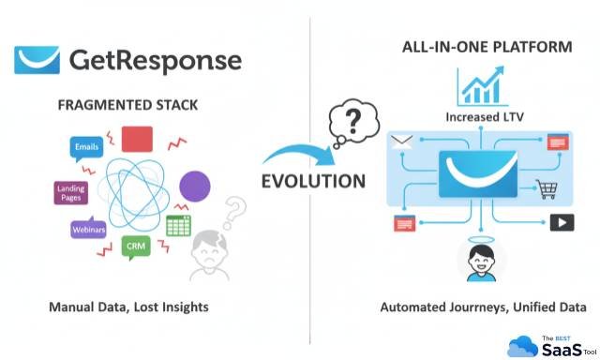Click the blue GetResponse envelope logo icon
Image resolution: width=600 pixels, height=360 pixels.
pyautogui.click(x=37, y=60)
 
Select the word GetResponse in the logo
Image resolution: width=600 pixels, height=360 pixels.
pyautogui.click(x=154, y=61)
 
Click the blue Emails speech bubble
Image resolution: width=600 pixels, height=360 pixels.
pyautogui.click(x=86, y=146)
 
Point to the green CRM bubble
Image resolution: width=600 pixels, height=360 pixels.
pyautogui.click(x=135, y=247)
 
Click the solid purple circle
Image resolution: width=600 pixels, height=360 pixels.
pyautogui.click(x=193, y=186)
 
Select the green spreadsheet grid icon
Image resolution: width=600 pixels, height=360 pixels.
pyautogui.click(x=178, y=225)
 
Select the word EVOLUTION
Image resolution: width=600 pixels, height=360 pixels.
pyautogui.click(x=301, y=181)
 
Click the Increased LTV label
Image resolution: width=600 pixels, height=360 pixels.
pyautogui.click(x=479, y=117)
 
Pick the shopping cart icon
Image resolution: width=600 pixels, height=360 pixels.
pyautogui.click(x=544, y=187)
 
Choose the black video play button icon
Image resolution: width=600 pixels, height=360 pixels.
pyautogui.click(x=561, y=223)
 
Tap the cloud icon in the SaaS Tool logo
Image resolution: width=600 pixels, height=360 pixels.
pyautogui.click(x=522, y=346)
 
